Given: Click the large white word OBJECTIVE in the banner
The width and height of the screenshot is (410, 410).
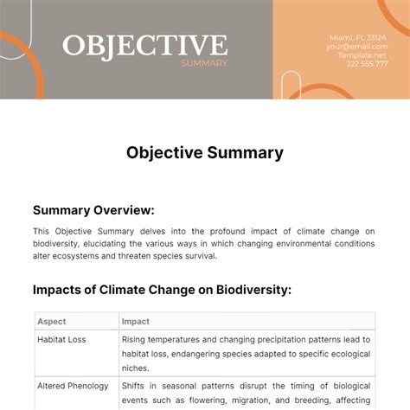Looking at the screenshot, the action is [144, 45].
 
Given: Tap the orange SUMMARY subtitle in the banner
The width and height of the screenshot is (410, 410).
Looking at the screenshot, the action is [204, 63].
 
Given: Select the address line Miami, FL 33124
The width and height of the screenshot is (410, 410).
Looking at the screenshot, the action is [357, 37].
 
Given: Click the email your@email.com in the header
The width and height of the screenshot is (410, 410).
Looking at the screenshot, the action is [357, 47].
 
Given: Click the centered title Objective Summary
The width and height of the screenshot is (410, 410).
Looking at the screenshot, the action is [205, 153].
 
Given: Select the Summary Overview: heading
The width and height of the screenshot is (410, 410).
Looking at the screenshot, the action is [93, 209].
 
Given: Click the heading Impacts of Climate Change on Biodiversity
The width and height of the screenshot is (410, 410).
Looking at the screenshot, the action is [161, 290].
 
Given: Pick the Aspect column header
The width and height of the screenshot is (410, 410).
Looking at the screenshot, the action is [52, 322].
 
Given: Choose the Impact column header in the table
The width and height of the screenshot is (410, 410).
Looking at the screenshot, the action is [136, 322].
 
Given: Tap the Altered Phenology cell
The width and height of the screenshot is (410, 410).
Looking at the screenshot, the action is [72, 386].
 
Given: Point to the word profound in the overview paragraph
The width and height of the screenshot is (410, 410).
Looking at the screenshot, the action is [208, 231].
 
